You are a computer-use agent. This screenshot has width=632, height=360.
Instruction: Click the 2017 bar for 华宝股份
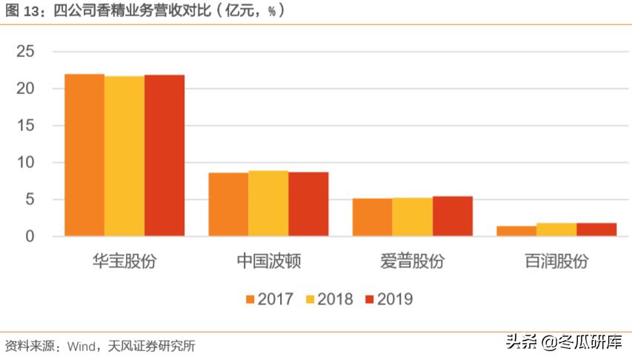(x=84, y=155)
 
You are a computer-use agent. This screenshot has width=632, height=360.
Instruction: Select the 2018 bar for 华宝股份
(x=124, y=156)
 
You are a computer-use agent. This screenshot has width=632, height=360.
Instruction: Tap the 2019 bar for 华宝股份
(x=164, y=156)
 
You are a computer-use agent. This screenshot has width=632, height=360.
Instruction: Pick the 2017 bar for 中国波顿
(x=228, y=204)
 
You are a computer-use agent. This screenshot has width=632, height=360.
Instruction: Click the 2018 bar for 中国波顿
(x=268, y=204)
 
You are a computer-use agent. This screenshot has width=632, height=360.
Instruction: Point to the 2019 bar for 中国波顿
(x=308, y=204)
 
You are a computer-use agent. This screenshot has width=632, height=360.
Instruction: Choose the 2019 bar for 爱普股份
(x=453, y=216)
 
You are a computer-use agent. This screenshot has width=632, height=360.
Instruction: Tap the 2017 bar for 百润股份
(x=516, y=231)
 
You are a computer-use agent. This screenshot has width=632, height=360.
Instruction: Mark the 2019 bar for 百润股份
(x=596, y=230)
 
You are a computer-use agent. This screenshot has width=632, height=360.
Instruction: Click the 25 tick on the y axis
(x=26, y=51)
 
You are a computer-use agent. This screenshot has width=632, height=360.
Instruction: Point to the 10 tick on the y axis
(x=26, y=162)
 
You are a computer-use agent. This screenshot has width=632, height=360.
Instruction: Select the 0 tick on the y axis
(x=30, y=236)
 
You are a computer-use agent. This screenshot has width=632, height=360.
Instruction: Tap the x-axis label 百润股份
(x=556, y=261)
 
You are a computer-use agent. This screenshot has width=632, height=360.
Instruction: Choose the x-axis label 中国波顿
(x=268, y=261)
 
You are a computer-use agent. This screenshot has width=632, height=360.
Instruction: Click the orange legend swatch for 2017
(x=250, y=299)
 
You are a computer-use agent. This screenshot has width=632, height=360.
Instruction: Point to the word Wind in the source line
(x=80, y=346)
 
